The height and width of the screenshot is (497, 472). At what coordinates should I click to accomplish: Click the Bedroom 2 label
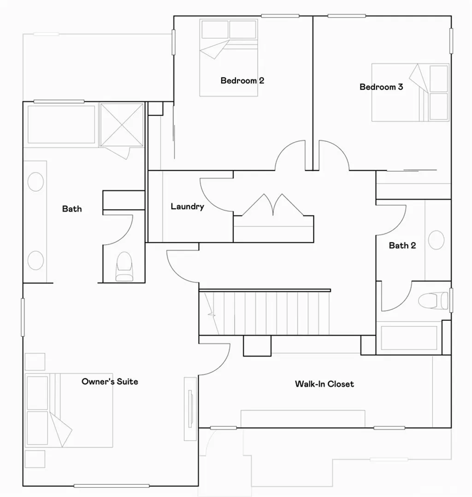click(x=242, y=81)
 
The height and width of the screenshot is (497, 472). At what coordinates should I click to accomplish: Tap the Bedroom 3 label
click(x=381, y=87)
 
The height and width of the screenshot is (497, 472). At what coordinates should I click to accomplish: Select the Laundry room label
click(x=187, y=207)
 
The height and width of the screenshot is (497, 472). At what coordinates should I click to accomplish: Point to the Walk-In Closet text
click(x=324, y=384)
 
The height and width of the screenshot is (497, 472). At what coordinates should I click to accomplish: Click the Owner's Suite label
click(x=110, y=381)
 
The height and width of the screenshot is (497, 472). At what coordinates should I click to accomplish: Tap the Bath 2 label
click(x=402, y=245)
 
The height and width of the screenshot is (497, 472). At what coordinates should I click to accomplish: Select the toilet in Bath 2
click(x=433, y=301)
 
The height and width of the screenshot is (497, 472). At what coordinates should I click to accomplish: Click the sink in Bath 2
click(x=436, y=240)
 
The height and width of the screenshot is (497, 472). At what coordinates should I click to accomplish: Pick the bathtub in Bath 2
click(x=408, y=338)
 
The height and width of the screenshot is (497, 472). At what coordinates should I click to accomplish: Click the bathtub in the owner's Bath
click(x=61, y=124)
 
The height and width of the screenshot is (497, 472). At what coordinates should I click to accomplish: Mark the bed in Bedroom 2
click(x=229, y=58)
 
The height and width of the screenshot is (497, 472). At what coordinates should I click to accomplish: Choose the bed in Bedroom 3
click(x=410, y=92)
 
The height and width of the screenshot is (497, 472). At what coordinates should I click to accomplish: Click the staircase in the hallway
click(x=265, y=313)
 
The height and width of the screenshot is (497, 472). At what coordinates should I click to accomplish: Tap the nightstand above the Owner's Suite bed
click(x=35, y=362)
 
